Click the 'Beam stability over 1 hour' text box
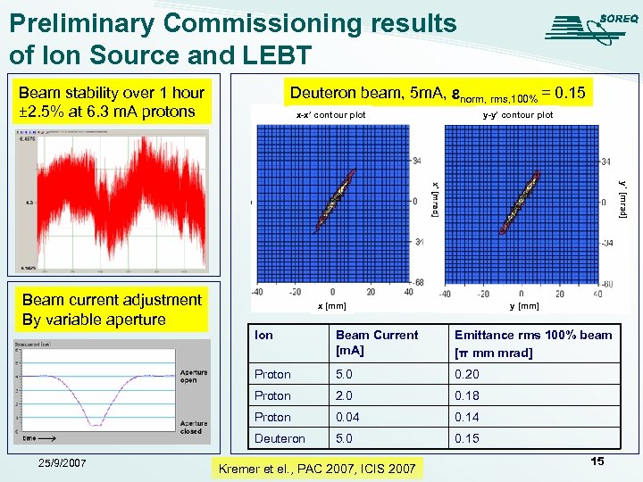[x=112, y=102]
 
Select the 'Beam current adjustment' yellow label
[x=112, y=310]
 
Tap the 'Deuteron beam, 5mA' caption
[x=437, y=93]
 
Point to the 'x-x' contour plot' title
[x=330, y=115]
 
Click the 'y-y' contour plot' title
[x=517, y=115]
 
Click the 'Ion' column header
[x=264, y=335]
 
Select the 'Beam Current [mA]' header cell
[x=376, y=344]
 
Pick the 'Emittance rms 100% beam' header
[x=533, y=344]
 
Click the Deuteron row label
[x=280, y=438]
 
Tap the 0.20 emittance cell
[x=466, y=374]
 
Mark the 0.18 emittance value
[x=466, y=395]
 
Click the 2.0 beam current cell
[x=346, y=395]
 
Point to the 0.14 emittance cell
[x=466, y=417]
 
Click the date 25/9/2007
[x=56, y=462]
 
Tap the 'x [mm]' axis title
[x=332, y=306]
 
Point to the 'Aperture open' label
[x=193, y=377]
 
